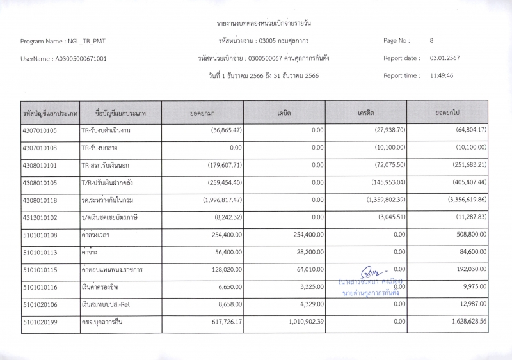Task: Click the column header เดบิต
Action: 284,113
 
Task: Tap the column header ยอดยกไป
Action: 447,113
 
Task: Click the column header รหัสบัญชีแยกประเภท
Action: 49,113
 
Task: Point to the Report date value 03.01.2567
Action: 445,58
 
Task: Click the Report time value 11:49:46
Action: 442,75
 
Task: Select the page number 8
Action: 432,40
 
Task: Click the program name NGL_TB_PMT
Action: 86,41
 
